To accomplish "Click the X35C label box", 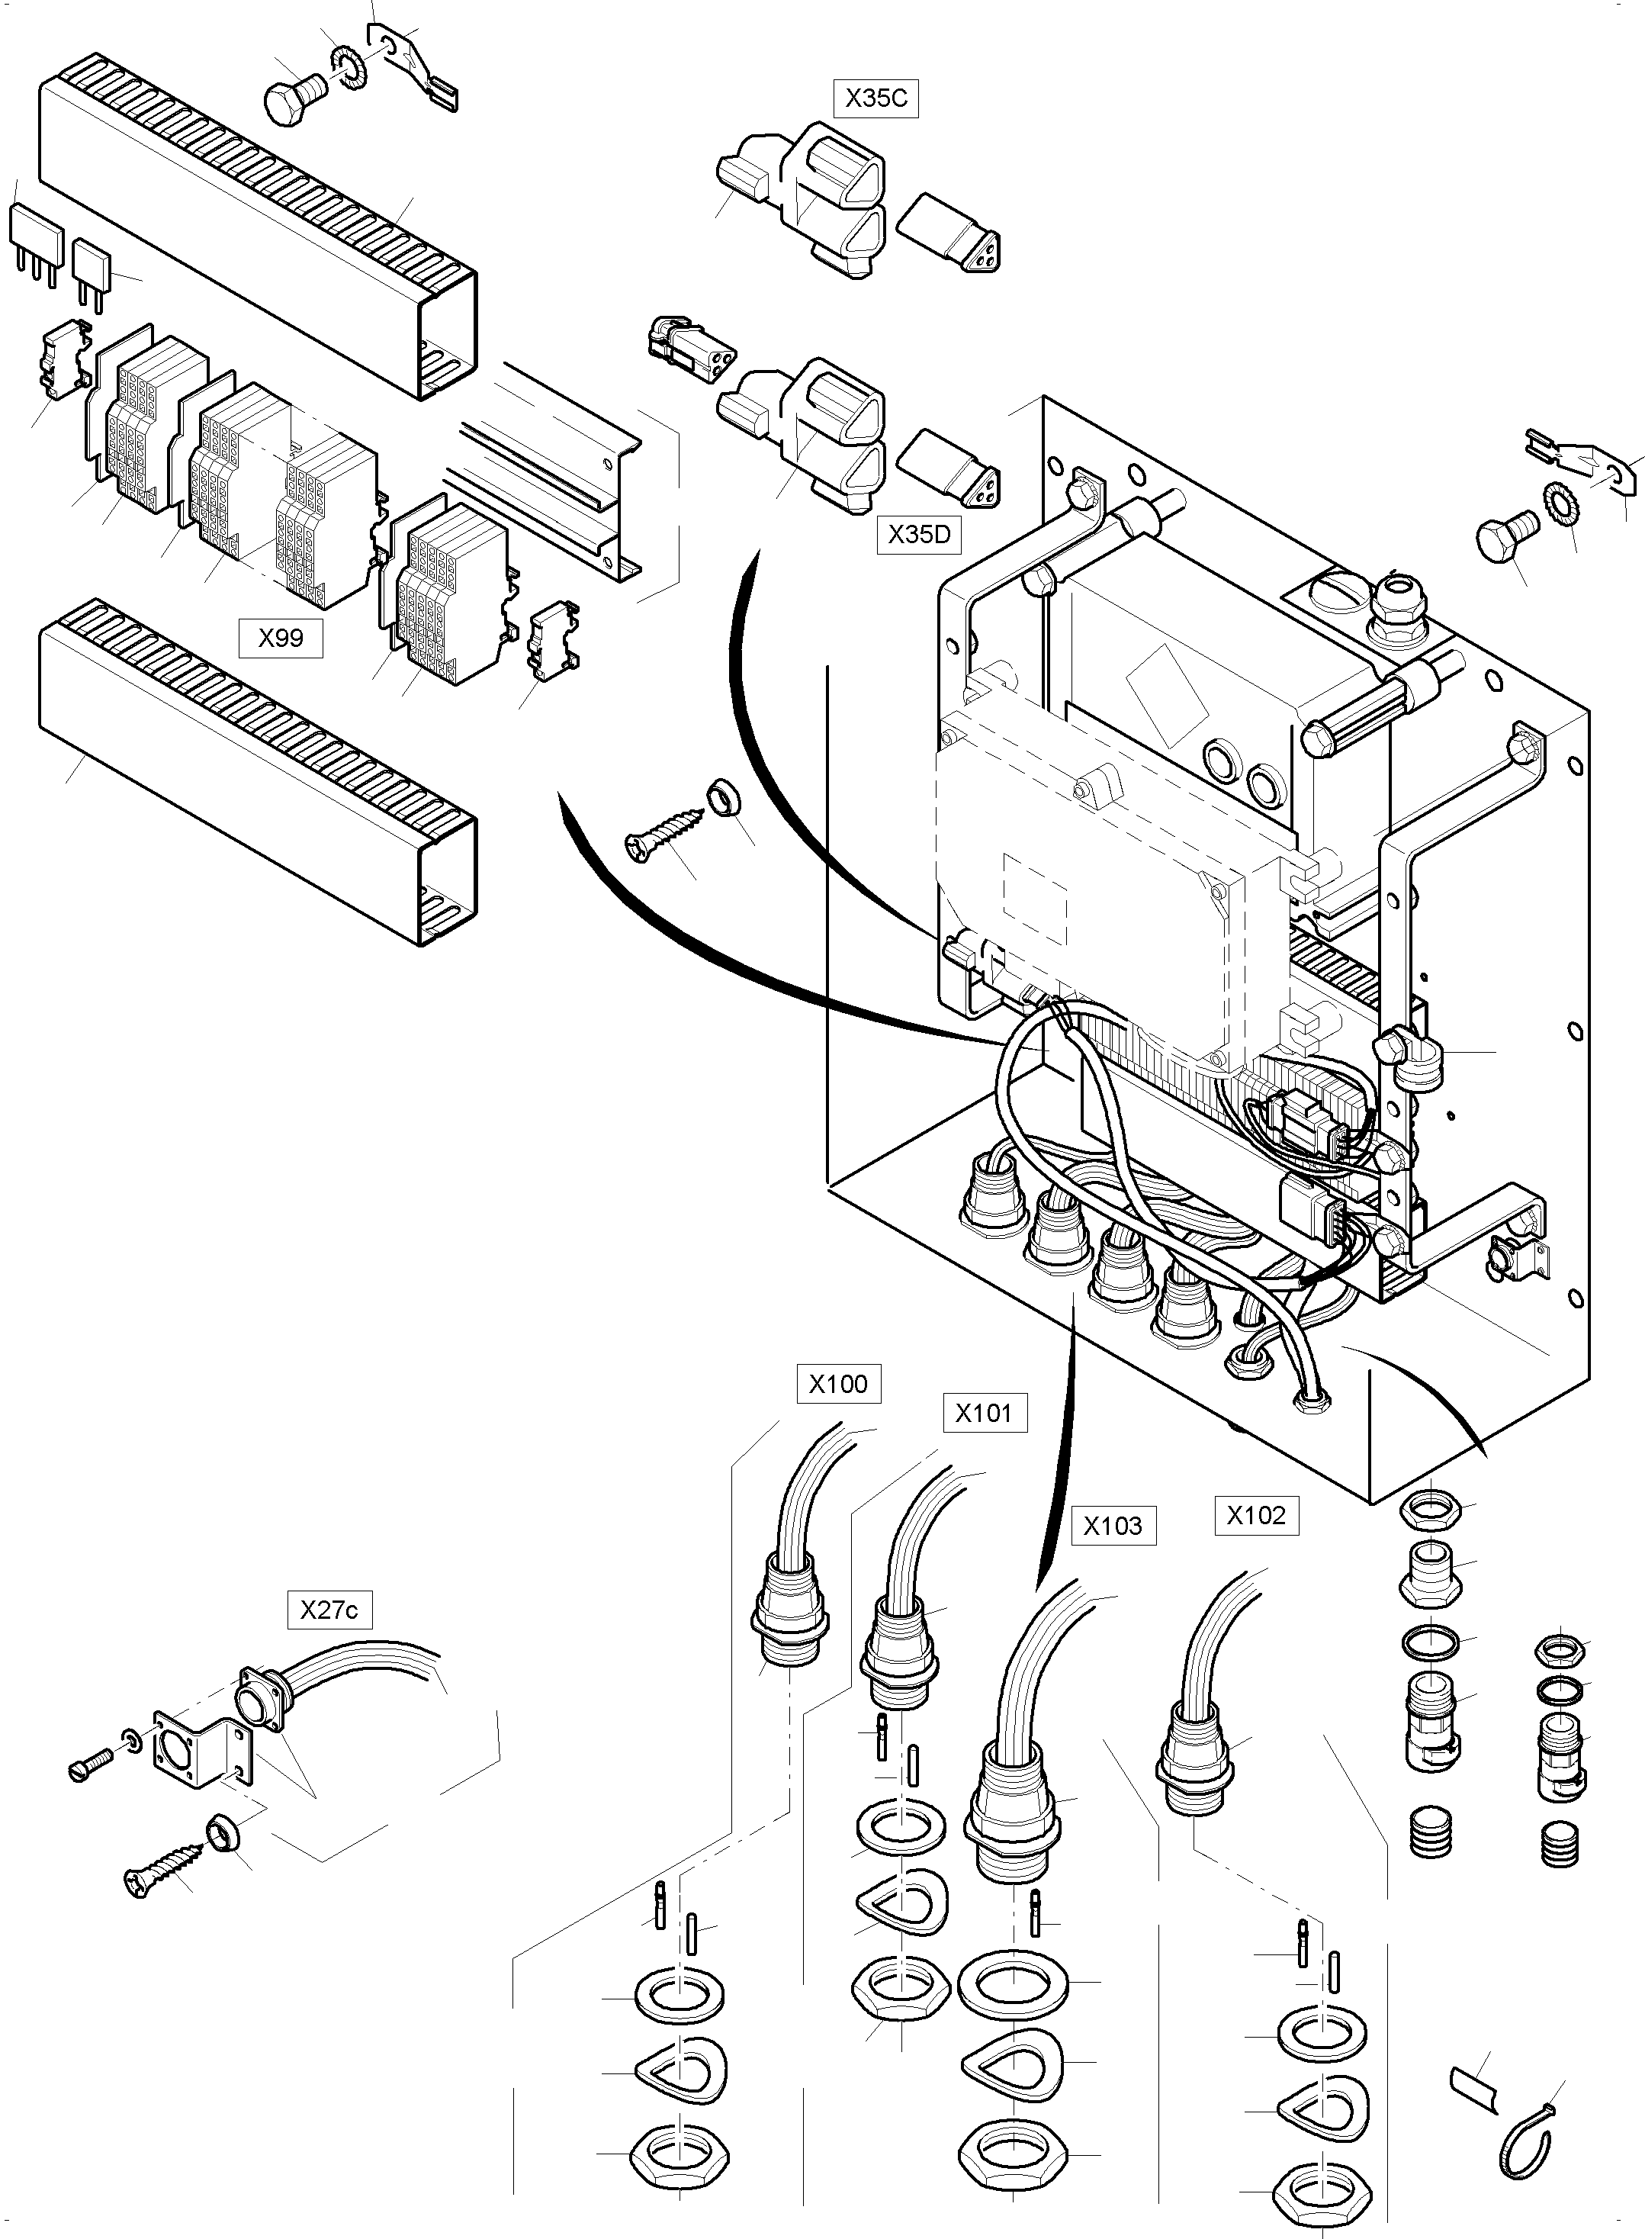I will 876,98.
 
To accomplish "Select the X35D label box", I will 918,535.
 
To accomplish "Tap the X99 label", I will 281,638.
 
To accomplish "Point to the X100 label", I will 838,1383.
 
